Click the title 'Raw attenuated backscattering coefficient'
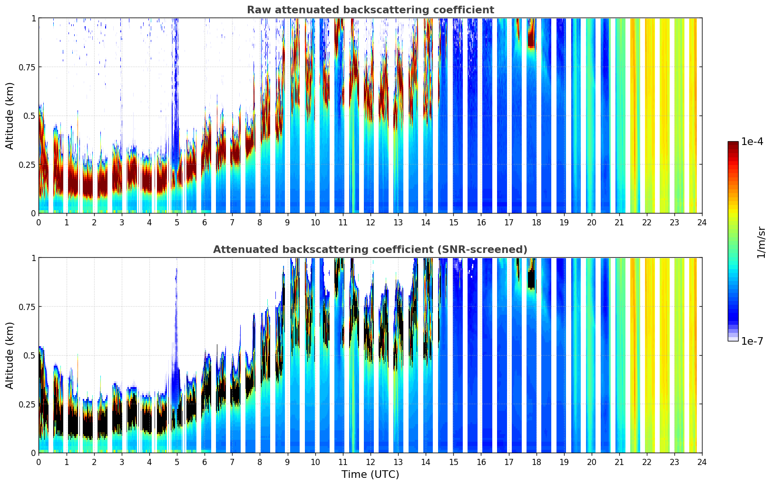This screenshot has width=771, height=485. (370, 10)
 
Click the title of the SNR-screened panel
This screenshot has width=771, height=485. (370, 250)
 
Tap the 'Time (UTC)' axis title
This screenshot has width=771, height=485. (370, 475)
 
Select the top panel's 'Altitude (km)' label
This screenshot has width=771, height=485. (10, 116)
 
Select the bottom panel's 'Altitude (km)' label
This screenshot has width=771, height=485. (10, 355)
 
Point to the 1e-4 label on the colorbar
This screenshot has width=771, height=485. (752, 142)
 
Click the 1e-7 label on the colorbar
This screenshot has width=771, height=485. (752, 341)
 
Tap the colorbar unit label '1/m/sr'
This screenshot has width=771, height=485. (761, 242)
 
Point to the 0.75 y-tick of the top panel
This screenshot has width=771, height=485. (28, 67)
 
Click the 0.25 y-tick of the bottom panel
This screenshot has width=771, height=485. (28, 404)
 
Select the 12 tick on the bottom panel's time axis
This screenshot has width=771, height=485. (370, 461)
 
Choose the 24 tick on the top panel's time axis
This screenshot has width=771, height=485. (702, 222)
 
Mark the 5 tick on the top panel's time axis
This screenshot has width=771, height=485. (177, 222)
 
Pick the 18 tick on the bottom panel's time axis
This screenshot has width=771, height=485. (536, 461)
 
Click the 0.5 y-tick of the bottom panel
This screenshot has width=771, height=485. (29, 355)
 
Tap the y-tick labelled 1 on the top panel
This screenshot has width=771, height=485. (33, 18)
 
